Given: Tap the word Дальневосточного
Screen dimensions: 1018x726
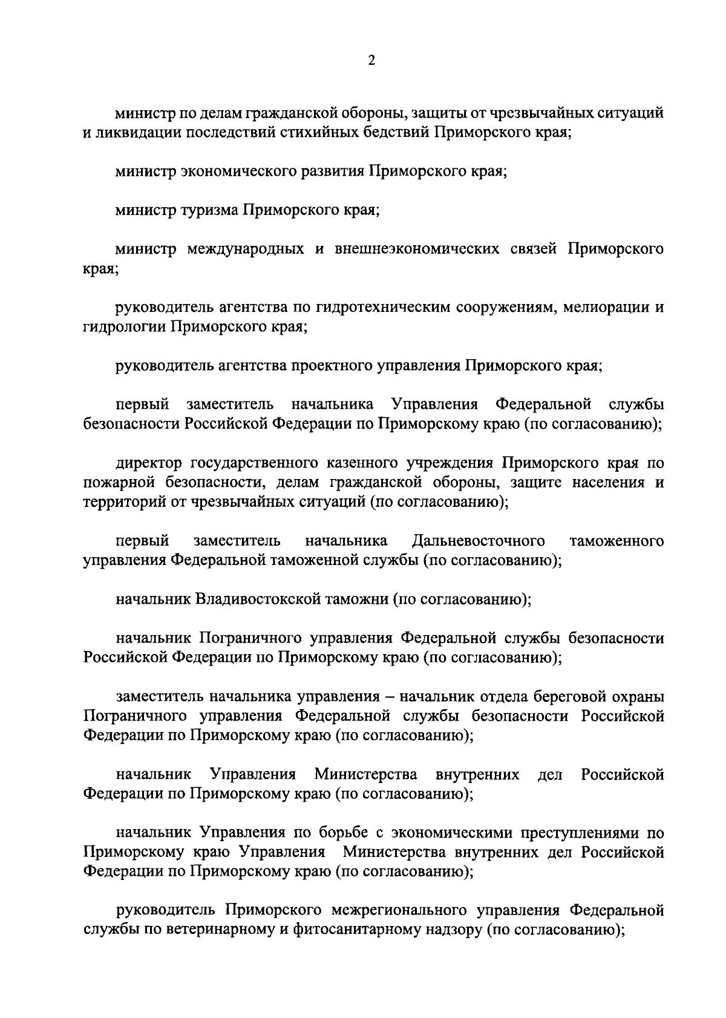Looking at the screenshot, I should pyautogui.click(x=478, y=540).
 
